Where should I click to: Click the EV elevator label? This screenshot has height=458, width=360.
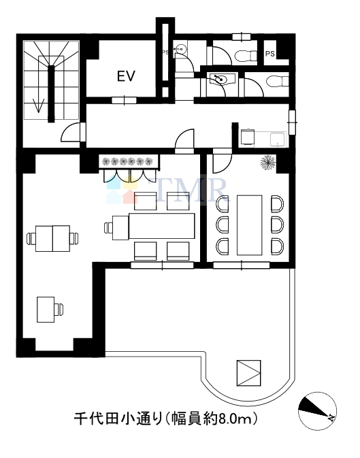click(126, 76)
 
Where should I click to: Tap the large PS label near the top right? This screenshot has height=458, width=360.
click(270, 54)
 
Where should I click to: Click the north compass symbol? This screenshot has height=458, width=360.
click(317, 411)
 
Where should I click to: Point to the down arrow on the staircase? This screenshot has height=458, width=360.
click(38, 105)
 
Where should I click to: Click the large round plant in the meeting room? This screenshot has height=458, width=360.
click(268, 163)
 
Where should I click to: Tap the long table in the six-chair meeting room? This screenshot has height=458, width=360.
click(249, 225)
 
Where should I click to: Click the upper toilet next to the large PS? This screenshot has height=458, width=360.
click(246, 56)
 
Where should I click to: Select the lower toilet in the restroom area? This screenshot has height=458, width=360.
click(278, 81)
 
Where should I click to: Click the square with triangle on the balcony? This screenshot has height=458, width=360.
click(248, 373)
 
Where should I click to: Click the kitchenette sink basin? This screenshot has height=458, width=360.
click(277, 140)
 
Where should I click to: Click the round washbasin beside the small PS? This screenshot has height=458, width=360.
click(180, 49)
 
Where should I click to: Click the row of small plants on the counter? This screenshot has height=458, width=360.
click(128, 161)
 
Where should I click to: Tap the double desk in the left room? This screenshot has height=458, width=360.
click(52, 238)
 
